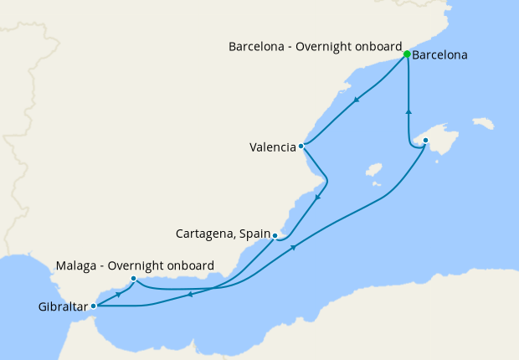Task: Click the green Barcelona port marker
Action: point(406,54)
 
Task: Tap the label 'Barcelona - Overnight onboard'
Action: point(316,47)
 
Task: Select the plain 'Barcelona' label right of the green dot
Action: point(440,55)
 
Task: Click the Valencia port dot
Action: point(301,147)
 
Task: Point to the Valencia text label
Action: point(272,147)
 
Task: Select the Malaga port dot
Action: point(133,279)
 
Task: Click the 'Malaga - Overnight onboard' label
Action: point(134,265)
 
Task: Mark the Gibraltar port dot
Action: point(93,306)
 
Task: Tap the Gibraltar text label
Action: point(63,307)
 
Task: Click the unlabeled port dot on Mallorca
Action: point(425,141)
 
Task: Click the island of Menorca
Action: point(483,124)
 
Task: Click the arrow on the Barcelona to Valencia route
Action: point(357,101)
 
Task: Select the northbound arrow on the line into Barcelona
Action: point(409,111)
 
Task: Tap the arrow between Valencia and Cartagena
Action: point(319,198)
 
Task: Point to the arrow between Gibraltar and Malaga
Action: point(120,294)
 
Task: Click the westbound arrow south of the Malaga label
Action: point(191,293)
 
